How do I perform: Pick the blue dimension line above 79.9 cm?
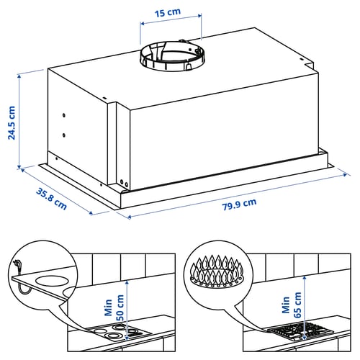point(238,194)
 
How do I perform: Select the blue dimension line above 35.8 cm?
point(58,189)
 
